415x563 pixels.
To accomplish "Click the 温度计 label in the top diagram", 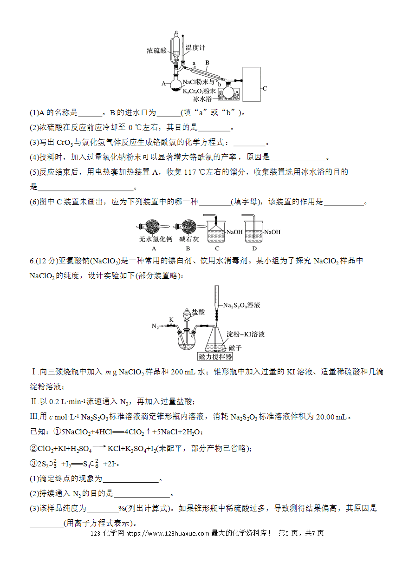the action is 195,47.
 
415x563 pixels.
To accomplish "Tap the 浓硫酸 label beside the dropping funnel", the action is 157,51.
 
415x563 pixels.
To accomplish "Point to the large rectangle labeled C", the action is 251,85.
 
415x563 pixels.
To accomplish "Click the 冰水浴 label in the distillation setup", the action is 202,99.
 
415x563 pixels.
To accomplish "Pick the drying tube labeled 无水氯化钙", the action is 153,227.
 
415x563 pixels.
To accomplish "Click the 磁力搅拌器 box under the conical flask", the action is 215,356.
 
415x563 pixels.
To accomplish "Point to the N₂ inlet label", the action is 155,326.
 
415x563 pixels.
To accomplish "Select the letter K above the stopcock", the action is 171,320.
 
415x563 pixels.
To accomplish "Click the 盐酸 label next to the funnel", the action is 198,312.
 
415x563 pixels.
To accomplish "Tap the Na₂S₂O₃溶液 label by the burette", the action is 241,305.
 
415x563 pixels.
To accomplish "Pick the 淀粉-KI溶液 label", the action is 246,334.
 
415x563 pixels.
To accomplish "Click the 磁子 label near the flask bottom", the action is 235,348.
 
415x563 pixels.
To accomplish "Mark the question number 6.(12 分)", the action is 44,261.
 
